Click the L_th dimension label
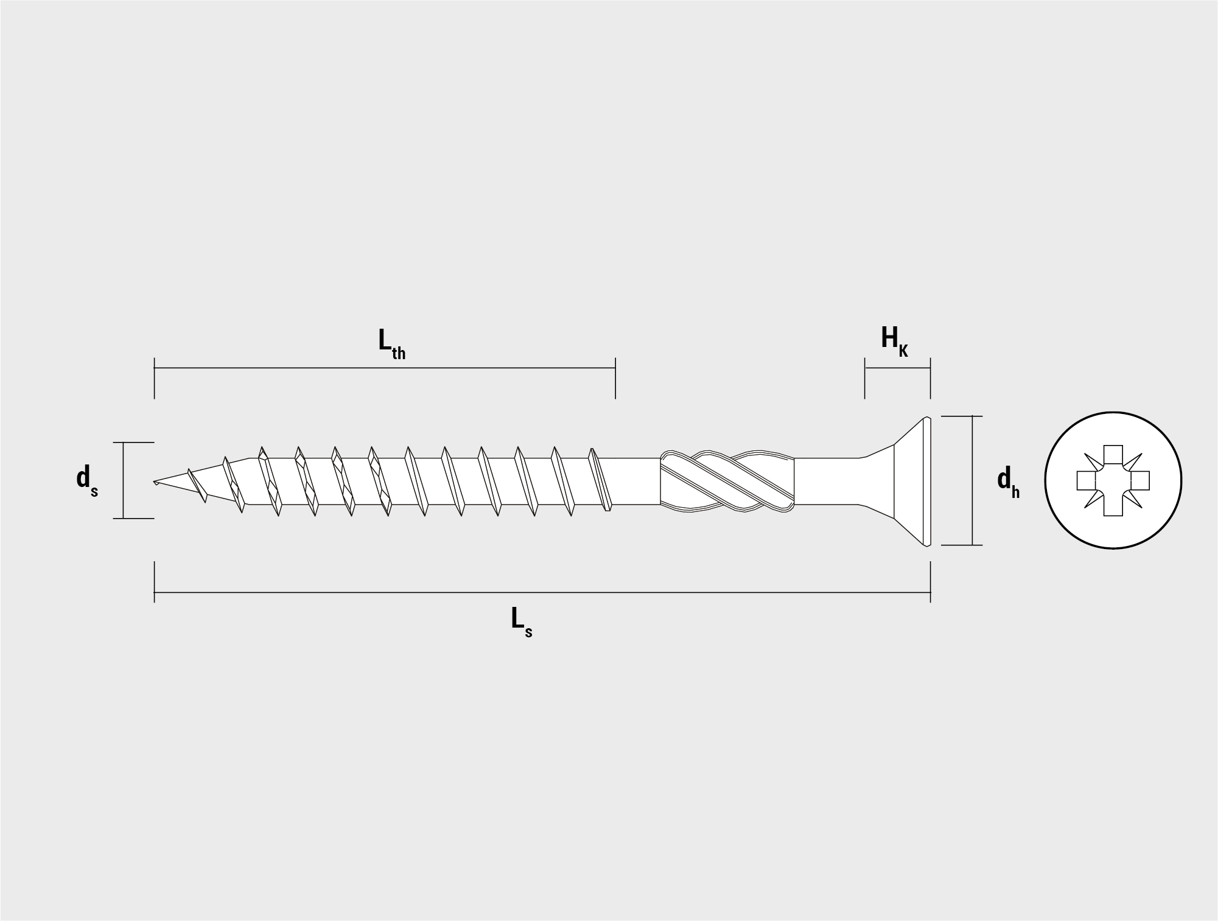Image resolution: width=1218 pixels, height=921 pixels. click(x=391, y=343)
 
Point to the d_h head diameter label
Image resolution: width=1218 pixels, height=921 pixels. click(x=1008, y=483)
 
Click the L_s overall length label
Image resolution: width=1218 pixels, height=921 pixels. click(x=522, y=623)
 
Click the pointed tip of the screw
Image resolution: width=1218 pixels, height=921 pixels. click(x=154, y=482)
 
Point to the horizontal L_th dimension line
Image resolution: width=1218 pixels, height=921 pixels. click(x=385, y=368)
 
